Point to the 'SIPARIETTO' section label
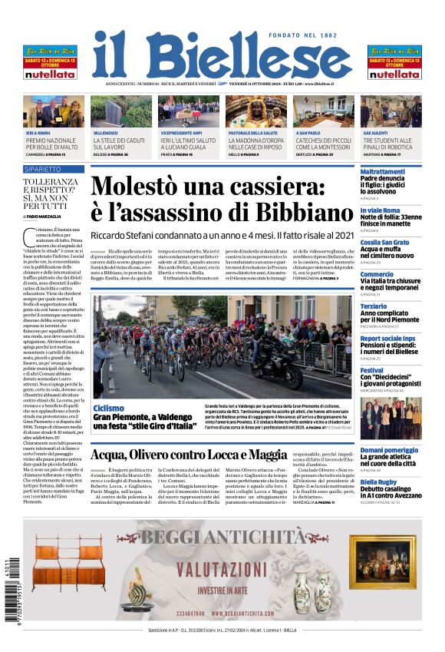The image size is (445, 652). (x=43, y=169)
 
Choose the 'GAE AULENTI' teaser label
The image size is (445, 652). (x=374, y=133)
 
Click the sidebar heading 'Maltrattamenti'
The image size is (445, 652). (x=383, y=171)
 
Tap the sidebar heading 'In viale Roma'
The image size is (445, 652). (x=380, y=210)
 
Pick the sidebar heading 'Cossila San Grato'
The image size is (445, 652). (x=384, y=242)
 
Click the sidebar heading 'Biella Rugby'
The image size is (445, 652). (x=379, y=482)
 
